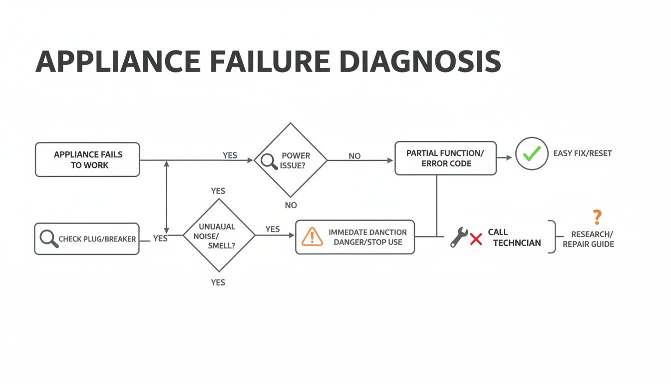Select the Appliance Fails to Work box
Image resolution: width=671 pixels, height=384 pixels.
pyautogui.click(x=87, y=159)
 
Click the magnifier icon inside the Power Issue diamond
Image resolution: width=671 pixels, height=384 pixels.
pyautogui.click(x=269, y=161)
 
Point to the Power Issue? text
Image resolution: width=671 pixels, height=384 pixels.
pyautogui.click(x=296, y=160)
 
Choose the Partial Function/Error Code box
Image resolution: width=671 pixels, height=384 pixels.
pyautogui.click(x=445, y=158)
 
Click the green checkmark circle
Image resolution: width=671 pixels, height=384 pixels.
pyautogui.click(x=532, y=153)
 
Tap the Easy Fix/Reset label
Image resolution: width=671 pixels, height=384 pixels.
pyautogui.click(x=582, y=153)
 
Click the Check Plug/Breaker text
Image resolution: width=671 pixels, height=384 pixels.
pyautogui.click(x=97, y=239)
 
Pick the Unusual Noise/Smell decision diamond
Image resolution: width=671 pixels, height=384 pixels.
pyautogui.click(x=219, y=235)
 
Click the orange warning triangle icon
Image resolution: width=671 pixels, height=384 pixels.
pyautogui.click(x=313, y=236)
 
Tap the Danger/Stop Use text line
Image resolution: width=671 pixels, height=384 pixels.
pyautogui.click(x=367, y=242)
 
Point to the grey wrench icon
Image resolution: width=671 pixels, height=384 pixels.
pyautogui.click(x=458, y=237)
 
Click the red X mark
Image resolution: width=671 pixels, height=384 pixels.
pyautogui.click(x=476, y=239)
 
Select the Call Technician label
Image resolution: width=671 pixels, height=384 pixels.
pyautogui.click(x=514, y=237)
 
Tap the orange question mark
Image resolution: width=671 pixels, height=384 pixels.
pyautogui.click(x=597, y=217)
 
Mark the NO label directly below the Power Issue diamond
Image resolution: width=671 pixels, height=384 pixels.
pyautogui.click(x=291, y=205)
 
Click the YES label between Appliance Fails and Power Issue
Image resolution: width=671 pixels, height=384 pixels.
pyautogui.click(x=230, y=155)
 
